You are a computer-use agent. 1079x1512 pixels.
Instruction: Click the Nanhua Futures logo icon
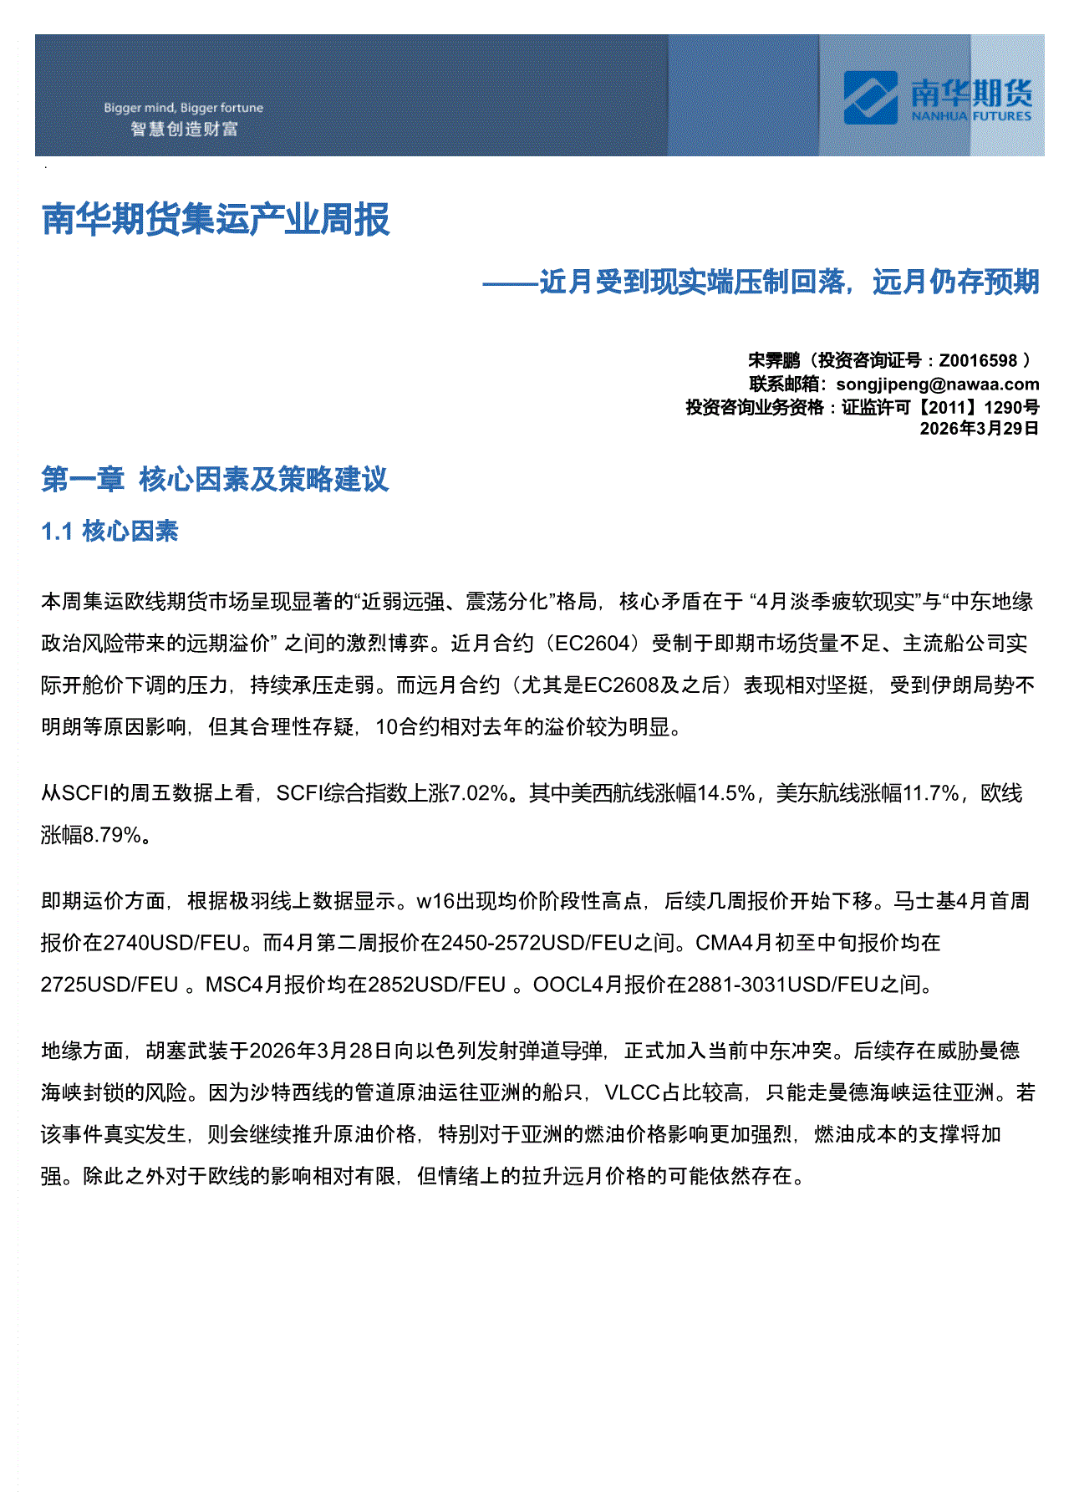pos(870,98)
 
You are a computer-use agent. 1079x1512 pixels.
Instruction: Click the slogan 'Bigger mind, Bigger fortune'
pos(183,108)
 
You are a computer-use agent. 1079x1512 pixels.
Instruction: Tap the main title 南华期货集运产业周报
pos(216,220)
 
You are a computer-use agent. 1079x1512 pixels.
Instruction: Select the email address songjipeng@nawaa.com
pos(938,384)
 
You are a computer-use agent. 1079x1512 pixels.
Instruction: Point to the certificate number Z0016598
pos(978,361)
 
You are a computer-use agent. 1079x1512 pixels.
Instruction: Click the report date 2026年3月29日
pos(979,429)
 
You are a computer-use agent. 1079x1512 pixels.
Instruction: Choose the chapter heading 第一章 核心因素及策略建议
pos(215,480)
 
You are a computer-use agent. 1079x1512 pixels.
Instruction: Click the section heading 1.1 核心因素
pos(109,532)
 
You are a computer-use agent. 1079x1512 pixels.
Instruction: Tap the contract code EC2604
pos(592,644)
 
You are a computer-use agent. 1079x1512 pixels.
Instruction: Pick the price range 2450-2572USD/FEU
pos(536,943)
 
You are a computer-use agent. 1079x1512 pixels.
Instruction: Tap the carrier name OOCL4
pos(567,985)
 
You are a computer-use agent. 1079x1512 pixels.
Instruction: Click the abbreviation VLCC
pos(633,1092)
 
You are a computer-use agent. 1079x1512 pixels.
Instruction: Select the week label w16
pos(433,901)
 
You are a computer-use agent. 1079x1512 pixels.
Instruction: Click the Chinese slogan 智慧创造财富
pos(184,130)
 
